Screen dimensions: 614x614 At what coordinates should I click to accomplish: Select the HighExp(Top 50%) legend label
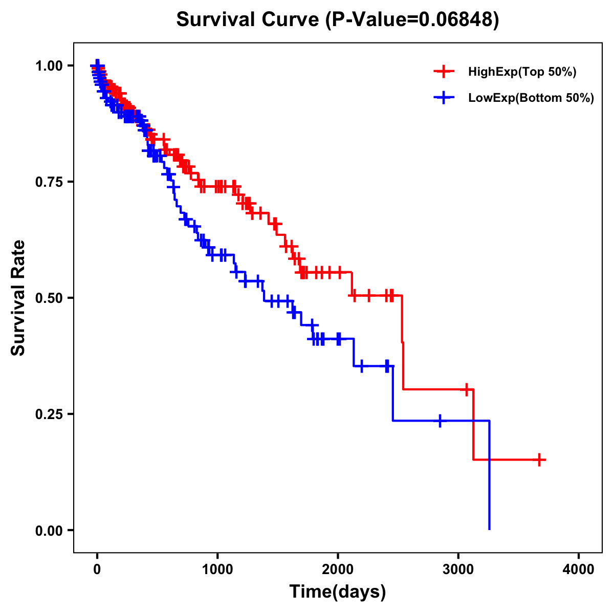(522, 72)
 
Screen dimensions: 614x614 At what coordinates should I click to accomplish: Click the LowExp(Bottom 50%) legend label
(531, 98)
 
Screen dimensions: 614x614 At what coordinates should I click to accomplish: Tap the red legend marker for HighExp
(444, 72)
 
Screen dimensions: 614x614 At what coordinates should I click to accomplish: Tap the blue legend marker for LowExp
(444, 97)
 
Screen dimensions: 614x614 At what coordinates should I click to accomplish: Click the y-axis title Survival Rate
(18, 297)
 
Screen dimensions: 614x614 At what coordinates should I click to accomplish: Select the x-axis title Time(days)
(338, 592)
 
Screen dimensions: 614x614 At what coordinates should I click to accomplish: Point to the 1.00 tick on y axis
(49, 65)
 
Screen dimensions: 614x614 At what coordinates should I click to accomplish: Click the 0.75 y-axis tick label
(49, 182)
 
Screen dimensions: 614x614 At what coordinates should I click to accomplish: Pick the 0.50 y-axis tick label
(49, 298)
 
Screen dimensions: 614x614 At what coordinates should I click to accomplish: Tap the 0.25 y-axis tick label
(49, 414)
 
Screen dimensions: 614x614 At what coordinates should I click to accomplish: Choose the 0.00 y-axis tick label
(49, 530)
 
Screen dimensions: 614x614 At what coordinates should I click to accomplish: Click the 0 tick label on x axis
(97, 569)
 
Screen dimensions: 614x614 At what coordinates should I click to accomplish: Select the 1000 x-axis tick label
(217, 569)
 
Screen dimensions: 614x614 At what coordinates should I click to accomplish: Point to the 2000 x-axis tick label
(338, 569)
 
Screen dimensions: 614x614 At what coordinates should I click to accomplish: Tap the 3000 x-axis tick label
(458, 569)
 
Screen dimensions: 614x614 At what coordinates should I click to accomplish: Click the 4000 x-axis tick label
(579, 569)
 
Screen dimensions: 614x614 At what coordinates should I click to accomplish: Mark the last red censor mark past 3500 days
(539, 459)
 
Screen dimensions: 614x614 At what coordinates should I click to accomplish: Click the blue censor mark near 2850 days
(440, 421)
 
